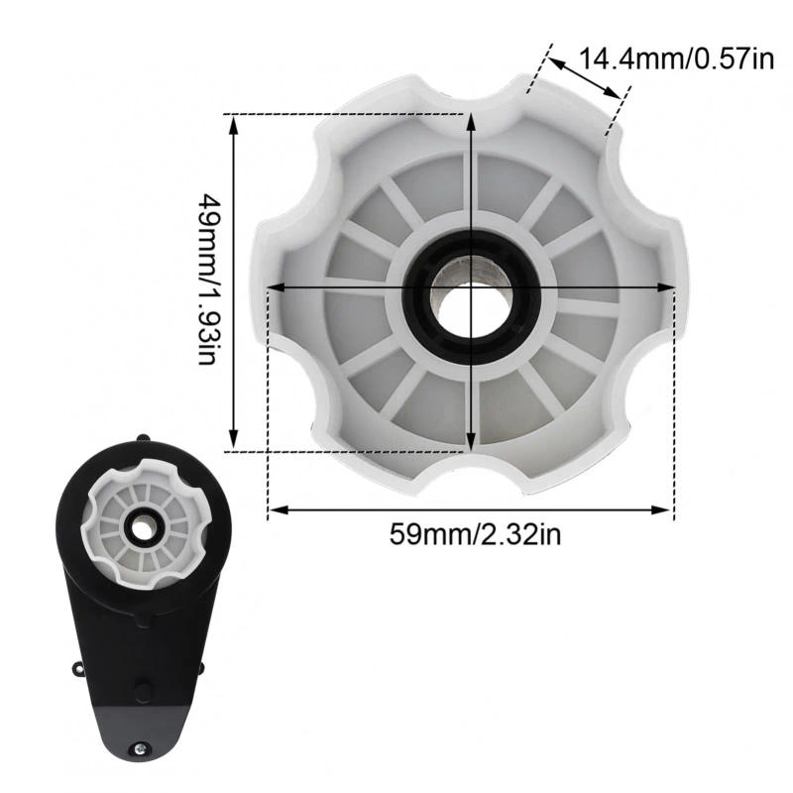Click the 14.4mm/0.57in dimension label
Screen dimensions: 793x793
tap(675, 58)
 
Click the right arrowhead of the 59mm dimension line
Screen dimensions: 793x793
tap(665, 510)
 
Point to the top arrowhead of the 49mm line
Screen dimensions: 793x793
tap(234, 122)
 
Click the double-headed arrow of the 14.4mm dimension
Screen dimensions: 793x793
tap(586, 80)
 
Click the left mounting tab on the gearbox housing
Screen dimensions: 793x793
tap(77, 670)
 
